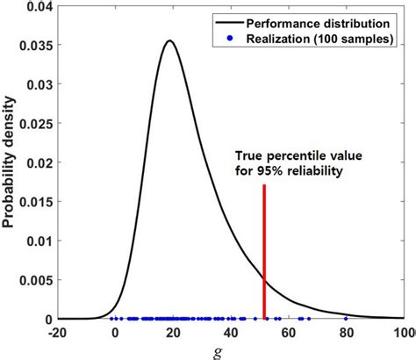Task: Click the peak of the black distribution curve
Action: tap(170, 40)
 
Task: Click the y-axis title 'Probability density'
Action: tap(10, 162)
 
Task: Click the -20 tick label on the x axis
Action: tap(57, 333)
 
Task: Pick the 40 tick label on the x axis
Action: tap(231, 333)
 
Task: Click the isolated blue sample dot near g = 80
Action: tap(346, 319)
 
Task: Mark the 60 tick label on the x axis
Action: tap(289, 333)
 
